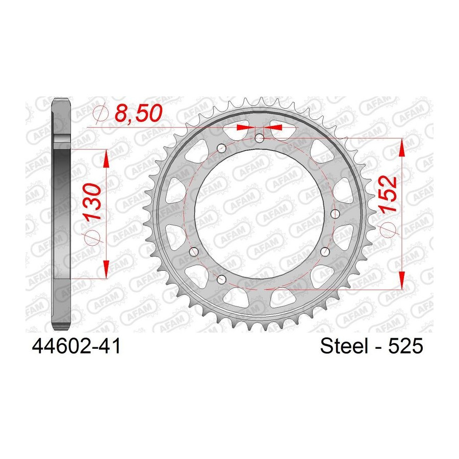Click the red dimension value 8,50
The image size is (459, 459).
(138, 113)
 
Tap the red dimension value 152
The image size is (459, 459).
(388, 193)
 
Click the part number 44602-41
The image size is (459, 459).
(76, 346)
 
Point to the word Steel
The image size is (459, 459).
(344, 346)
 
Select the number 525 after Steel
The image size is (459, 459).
(405, 346)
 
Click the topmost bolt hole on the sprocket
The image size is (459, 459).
(260, 138)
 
